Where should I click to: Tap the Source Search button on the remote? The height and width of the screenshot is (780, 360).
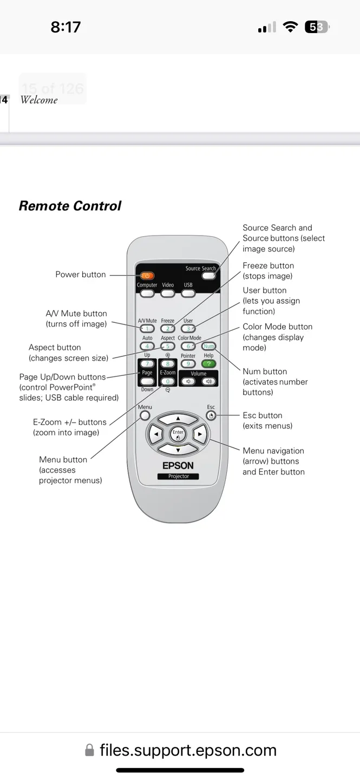(208, 276)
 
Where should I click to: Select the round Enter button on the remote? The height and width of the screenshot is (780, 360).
(178, 434)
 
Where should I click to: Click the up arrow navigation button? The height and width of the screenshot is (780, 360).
(178, 419)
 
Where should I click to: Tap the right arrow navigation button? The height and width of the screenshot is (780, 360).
(200, 434)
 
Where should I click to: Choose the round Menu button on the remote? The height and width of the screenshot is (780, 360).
(145, 415)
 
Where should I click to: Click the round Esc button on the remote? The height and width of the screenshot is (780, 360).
(211, 415)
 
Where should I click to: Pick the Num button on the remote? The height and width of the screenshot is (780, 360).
(208, 346)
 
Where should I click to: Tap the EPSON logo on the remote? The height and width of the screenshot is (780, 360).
(178, 465)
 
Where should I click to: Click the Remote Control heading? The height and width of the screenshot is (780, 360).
(70, 206)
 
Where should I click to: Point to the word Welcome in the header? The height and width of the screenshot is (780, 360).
(39, 100)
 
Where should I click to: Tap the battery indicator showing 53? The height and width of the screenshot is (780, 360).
(317, 27)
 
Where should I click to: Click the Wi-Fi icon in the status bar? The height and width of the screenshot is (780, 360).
(291, 27)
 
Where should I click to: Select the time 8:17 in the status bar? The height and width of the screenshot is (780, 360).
(66, 27)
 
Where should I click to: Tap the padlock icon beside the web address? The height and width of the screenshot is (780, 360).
(90, 750)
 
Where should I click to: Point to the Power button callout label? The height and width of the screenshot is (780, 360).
(81, 275)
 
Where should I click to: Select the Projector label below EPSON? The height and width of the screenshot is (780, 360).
(178, 476)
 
